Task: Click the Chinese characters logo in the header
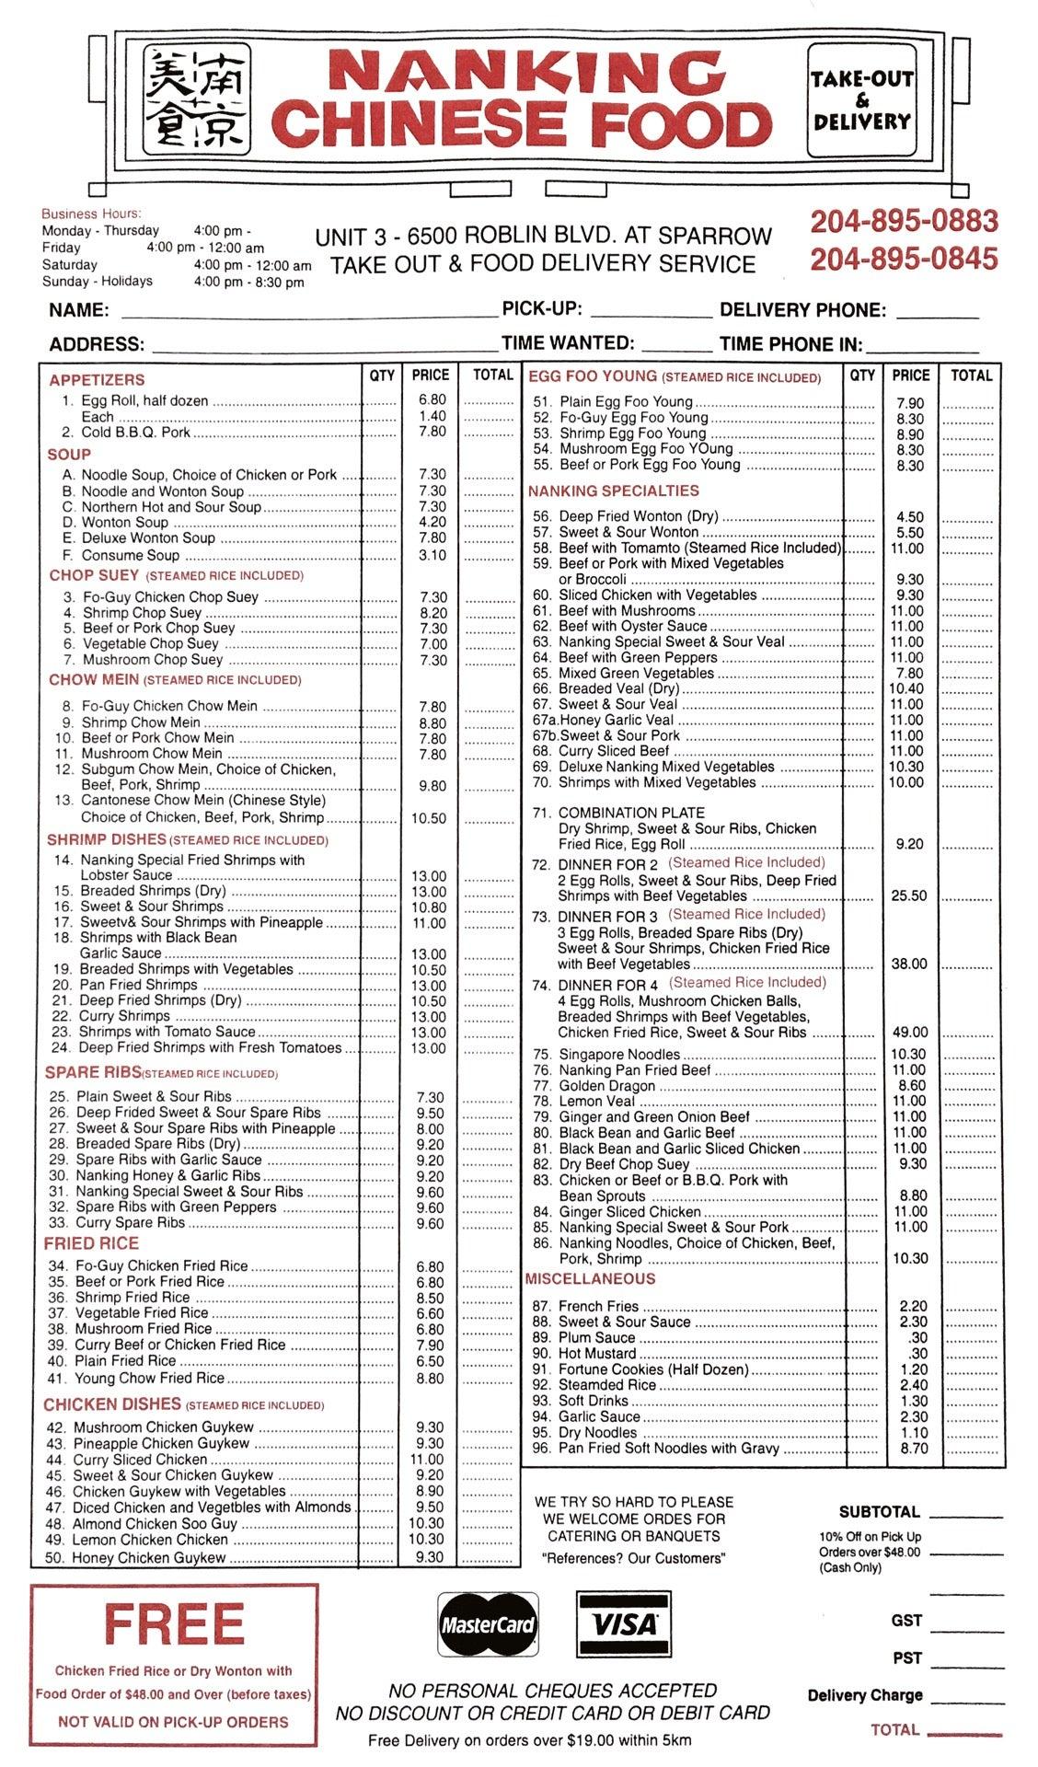(x=196, y=98)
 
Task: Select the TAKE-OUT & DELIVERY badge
(x=861, y=99)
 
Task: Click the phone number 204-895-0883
(x=904, y=222)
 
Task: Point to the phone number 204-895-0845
(x=904, y=260)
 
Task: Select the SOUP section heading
(x=69, y=455)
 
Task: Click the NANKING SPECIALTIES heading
(x=613, y=491)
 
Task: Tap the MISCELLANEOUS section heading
(x=590, y=1279)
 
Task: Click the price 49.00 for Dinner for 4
(x=909, y=1033)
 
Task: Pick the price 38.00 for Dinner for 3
(x=909, y=964)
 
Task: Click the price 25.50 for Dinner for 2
(x=909, y=896)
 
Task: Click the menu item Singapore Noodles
(x=619, y=1055)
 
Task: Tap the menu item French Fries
(x=598, y=1307)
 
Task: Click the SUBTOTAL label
(x=879, y=1512)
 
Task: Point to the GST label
(x=906, y=1621)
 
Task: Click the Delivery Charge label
(x=864, y=1695)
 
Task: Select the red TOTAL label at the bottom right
(x=894, y=1730)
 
